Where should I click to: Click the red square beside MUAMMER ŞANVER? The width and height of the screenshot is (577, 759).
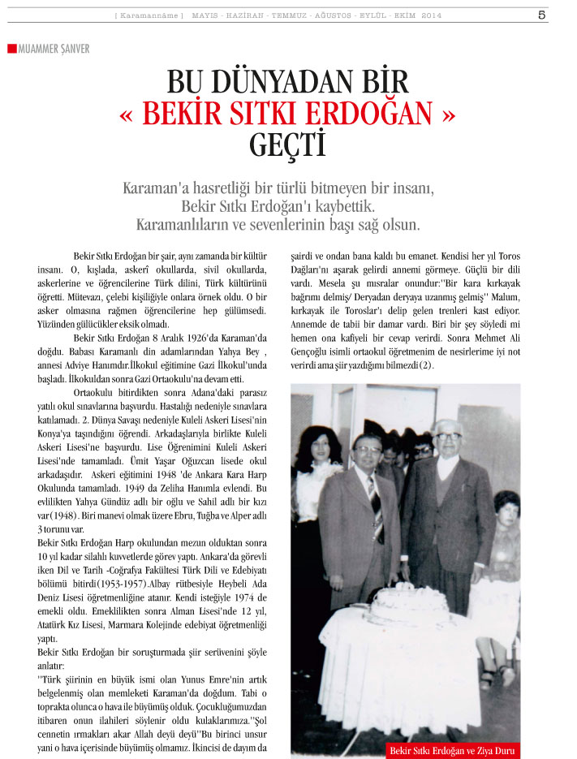tap(11, 49)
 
